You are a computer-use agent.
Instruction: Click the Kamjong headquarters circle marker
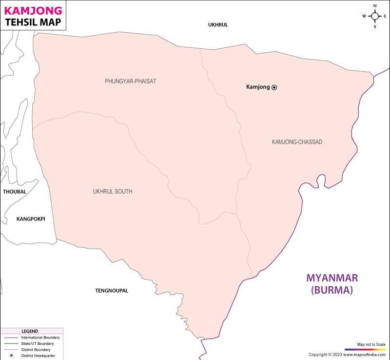[274, 87]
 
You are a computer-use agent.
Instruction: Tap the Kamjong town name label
[258, 87]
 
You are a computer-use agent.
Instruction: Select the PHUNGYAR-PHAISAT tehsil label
[131, 81]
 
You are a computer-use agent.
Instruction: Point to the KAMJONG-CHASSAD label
[297, 142]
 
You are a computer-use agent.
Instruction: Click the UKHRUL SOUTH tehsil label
[113, 192]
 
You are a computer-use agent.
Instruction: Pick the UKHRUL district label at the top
[218, 25]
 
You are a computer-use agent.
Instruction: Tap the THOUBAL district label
[15, 192]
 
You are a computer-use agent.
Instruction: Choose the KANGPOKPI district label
[31, 219]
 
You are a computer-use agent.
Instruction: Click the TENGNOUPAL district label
[112, 291]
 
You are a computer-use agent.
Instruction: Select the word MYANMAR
[332, 278]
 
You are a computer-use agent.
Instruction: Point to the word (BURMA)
[332, 290]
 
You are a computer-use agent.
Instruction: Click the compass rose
[375, 16]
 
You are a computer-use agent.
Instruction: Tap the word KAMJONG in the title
[33, 10]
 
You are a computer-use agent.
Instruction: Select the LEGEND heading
[30, 331]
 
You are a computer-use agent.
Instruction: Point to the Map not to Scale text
[371, 344]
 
